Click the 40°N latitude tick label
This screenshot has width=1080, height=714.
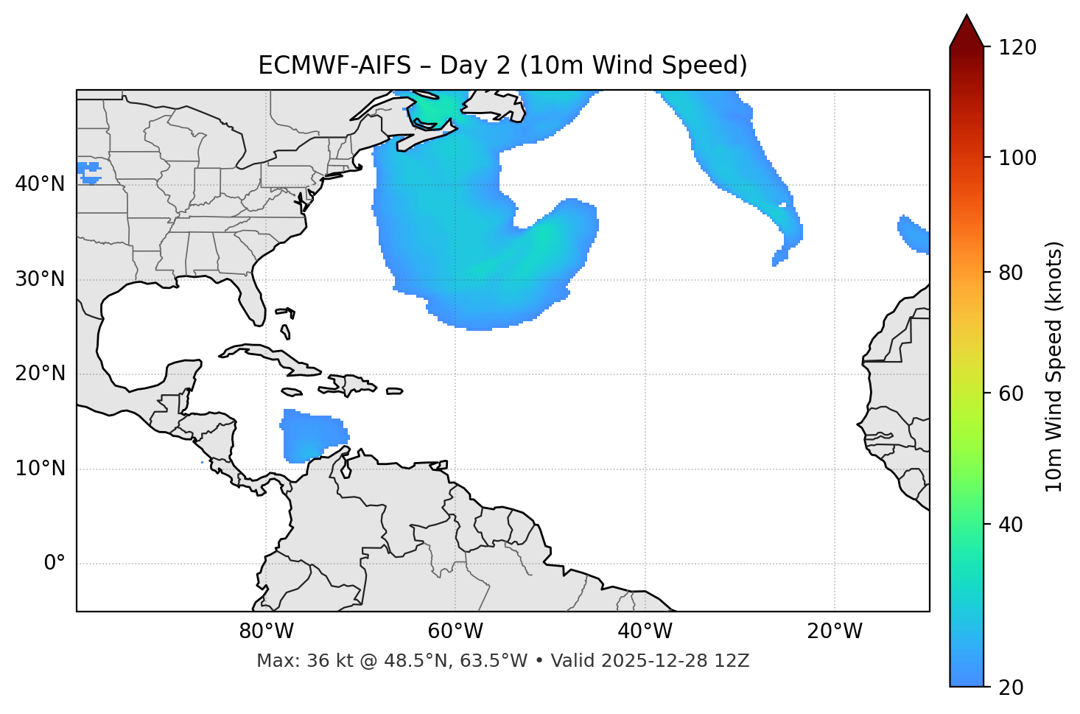click(40, 184)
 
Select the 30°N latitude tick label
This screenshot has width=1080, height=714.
click(40, 279)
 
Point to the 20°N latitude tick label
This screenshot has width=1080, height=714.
click(40, 374)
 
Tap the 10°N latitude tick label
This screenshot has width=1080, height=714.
click(40, 469)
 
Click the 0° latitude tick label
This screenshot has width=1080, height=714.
click(55, 564)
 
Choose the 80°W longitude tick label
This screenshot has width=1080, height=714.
click(266, 631)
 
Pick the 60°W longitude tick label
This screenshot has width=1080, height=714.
click(455, 631)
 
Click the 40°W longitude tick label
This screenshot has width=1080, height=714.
click(645, 631)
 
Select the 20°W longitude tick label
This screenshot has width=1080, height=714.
click(835, 631)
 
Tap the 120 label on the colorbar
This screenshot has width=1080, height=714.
click(1017, 48)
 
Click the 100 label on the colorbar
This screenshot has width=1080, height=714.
click(1017, 158)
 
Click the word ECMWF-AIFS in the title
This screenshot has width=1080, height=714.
click(334, 66)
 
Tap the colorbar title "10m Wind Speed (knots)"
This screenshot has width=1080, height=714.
click(1054, 366)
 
